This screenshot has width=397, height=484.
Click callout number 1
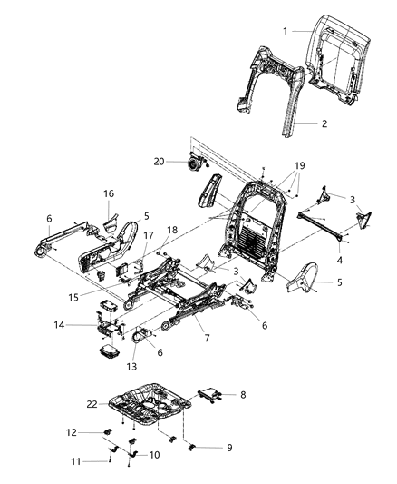pyautogui.click(x=285, y=31)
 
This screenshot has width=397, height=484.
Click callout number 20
pyautogui.click(x=160, y=162)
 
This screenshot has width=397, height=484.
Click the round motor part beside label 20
pyautogui.click(x=193, y=163)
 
